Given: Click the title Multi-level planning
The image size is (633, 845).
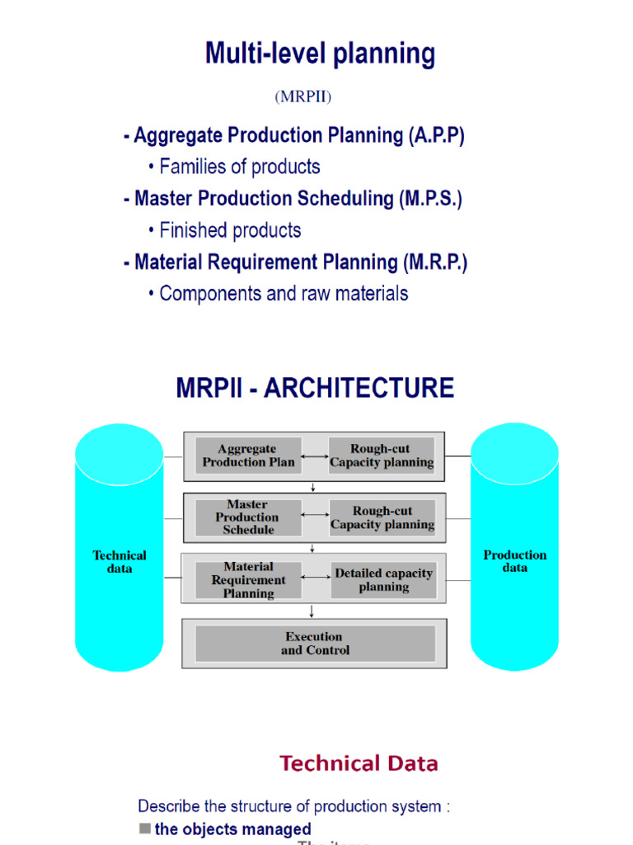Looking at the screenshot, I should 320,54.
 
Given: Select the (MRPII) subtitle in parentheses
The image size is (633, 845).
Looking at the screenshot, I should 302,97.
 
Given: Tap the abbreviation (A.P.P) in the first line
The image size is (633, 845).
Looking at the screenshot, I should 436,135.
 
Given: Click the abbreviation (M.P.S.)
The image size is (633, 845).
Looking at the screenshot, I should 431,199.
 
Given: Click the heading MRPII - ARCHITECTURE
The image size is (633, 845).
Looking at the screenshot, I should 315,388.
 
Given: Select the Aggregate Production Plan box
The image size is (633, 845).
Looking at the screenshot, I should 247,456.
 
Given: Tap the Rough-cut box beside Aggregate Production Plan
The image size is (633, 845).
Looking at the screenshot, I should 382,456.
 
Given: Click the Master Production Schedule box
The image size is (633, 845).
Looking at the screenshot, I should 247,517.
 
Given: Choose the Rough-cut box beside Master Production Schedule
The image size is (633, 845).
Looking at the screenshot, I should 382,517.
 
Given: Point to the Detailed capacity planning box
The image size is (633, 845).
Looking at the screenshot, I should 383,580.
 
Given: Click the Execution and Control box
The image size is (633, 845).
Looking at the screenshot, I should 315,644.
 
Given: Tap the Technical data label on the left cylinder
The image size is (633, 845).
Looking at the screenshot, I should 120,562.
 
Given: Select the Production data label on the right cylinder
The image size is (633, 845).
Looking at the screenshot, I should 514,561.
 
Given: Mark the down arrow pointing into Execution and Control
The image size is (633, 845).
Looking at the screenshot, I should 312,611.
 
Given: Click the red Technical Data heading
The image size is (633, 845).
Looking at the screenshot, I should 359,763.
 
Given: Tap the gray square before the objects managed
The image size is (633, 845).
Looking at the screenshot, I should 145,828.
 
